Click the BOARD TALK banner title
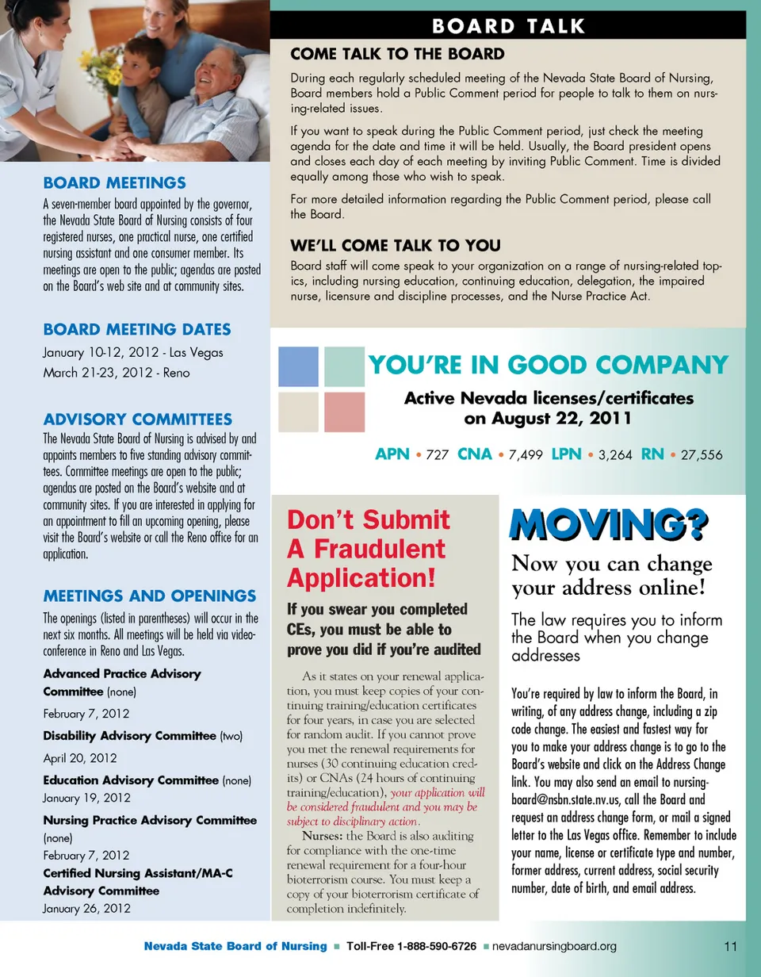509,25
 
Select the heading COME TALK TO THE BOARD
397,54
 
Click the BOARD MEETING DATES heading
137,329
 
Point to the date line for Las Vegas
133,352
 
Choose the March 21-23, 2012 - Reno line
117,371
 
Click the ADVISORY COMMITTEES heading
138,419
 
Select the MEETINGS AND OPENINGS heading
150,596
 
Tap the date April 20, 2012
80,757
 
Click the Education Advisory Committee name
131,780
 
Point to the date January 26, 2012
86,908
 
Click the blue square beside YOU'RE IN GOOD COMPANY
298,366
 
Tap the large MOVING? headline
609,525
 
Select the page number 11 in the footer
731,946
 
